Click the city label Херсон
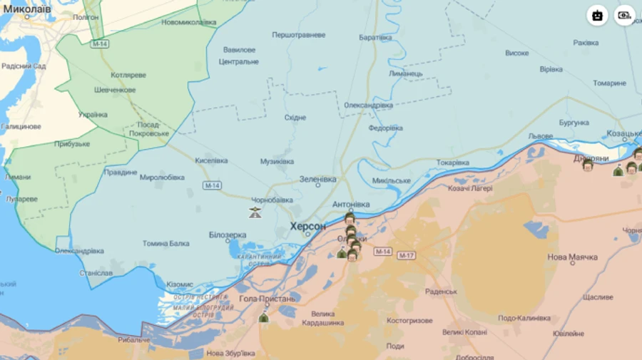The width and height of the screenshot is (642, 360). coord(307,226)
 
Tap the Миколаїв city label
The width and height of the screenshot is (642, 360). coord(26,9)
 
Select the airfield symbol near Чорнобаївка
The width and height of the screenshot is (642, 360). coord(255,212)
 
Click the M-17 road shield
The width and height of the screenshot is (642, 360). coord(406,255)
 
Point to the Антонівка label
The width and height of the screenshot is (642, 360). coord(351,205)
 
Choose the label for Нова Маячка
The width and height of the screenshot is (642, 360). coord(572,257)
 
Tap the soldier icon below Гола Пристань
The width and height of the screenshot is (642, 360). coord(263,318)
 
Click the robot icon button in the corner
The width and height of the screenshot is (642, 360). coord(597,15)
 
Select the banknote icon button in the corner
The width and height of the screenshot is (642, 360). coord(625,15)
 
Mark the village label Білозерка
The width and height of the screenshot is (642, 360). coord(228,235)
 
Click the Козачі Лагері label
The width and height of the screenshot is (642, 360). coord(470,188)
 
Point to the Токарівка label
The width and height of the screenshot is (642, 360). coord(453,163)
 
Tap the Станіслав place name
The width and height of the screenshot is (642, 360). coord(96,272)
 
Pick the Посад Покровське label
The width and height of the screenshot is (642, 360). coord(149,128)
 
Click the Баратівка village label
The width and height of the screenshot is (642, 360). coord(375,37)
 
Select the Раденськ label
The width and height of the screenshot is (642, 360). coord(441,292)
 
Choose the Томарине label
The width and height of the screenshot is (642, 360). coord(609,83)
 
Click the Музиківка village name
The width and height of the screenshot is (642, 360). coord(277,161)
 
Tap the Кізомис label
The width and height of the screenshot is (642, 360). coord(179,284)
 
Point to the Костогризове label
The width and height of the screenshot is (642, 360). coord(409,321)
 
